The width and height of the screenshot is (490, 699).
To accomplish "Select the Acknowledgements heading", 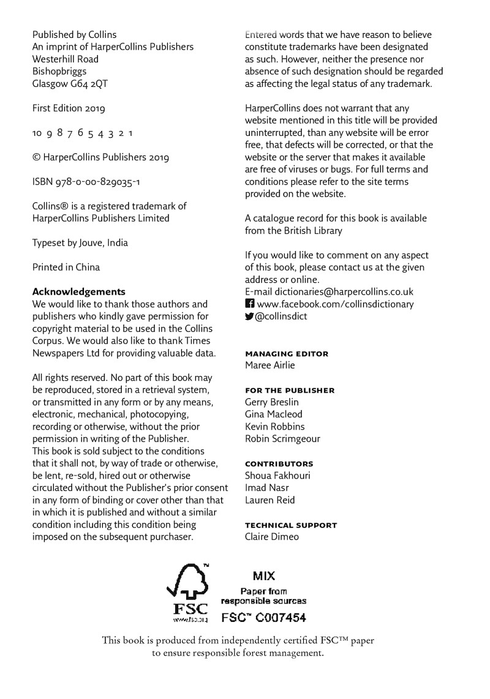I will click(x=78, y=292).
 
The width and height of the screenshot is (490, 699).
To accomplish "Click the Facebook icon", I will click(x=249, y=304).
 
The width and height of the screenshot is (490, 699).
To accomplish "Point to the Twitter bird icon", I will click(x=249, y=316).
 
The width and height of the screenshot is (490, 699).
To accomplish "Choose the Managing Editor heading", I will click(x=286, y=354).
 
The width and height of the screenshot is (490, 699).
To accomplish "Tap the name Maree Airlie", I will click(x=269, y=365).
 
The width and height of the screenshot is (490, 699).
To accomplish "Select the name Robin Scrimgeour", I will click(x=282, y=439).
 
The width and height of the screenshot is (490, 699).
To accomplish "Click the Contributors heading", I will click(x=279, y=464).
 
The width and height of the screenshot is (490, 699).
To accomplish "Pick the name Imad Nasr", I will click(x=266, y=488).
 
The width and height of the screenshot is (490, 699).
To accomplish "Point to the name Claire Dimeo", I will click(x=272, y=537).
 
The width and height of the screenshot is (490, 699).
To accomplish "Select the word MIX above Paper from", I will click(x=264, y=576).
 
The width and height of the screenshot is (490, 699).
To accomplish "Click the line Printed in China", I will click(x=66, y=267).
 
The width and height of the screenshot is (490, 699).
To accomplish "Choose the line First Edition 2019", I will click(x=69, y=108).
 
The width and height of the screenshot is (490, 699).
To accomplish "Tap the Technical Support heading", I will click(x=290, y=526).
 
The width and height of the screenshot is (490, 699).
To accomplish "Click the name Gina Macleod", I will click(x=273, y=414).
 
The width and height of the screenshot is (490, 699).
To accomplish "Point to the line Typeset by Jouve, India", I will click(x=80, y=243).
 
